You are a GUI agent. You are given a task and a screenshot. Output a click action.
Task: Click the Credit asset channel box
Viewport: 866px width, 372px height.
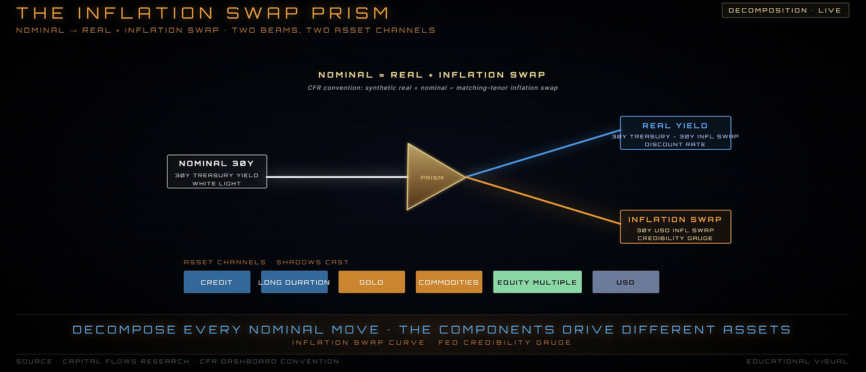[217, 282]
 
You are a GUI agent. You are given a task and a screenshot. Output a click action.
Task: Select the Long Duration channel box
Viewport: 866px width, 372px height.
[294, 282]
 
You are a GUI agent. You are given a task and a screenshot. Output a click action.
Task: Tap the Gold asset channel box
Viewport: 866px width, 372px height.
[372, 282]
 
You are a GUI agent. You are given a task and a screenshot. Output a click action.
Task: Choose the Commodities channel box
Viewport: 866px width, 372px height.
[449, 282]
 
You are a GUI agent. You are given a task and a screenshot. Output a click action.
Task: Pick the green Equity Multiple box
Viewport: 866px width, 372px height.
[538, 282]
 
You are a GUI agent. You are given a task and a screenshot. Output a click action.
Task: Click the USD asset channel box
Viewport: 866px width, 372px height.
[626, 282]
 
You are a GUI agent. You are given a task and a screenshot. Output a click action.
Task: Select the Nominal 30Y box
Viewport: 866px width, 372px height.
[217, 172]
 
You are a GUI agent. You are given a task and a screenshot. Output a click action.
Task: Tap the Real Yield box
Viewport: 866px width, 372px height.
[676, 133]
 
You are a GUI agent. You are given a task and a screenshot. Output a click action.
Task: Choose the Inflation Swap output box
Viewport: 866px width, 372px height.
[676, 227]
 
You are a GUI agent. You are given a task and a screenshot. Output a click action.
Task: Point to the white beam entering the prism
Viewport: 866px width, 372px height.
[337, 177]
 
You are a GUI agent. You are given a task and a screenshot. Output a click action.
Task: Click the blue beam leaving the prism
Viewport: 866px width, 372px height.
[543, 154]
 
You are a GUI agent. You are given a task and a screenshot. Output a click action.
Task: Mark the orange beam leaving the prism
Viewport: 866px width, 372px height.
[543, 200]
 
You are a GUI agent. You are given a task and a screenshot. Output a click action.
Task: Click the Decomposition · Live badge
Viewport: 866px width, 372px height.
[785, 11]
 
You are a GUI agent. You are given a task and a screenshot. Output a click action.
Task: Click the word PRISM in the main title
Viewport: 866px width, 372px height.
[350, 12]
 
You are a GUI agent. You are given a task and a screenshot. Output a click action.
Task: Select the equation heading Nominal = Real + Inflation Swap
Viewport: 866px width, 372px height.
[432, 74]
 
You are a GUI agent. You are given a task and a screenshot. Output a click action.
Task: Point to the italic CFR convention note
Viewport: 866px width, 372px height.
[432, 88]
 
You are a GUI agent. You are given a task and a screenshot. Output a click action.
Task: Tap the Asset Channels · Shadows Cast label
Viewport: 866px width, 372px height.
[266, 262]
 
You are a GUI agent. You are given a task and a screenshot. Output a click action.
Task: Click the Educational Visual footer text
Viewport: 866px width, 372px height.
[797, 361]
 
